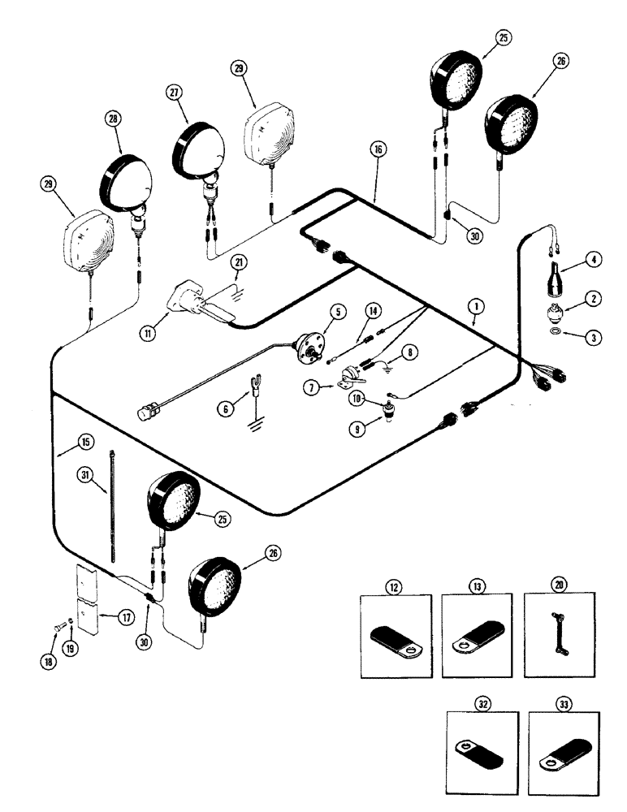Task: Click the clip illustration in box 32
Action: (481, 745)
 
